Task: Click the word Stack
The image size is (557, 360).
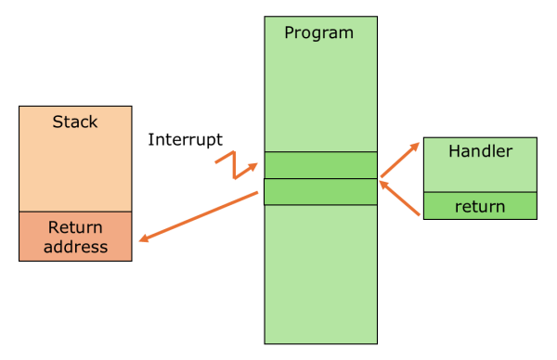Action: tap(75, 122)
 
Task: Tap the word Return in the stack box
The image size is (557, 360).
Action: tap(75, 227)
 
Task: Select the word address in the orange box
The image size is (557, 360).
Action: tap(75, 247)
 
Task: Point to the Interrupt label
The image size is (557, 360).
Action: tap(185, 140)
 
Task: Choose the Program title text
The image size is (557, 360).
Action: tap(318, 32)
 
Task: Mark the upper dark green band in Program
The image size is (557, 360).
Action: tap(320, 164)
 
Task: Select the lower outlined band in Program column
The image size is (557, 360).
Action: tap(320, 191)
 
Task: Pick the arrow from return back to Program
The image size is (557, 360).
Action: tap(401, 199)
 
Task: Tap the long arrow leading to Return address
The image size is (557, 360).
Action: tap(199, 216)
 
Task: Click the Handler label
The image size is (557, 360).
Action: tap(480, 150)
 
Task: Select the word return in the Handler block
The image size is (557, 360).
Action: tap(480, 206)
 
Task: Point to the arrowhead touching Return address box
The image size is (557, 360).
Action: tap(144, 238)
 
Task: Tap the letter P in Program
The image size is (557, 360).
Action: tap(289, 32)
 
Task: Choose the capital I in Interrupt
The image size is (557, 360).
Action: tap(150, 140)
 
